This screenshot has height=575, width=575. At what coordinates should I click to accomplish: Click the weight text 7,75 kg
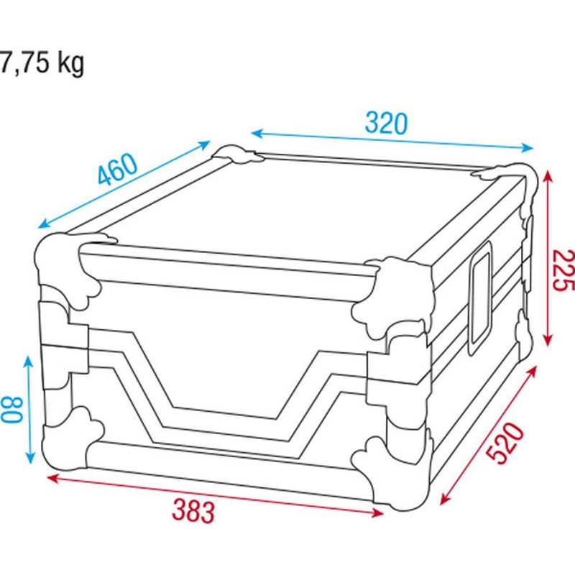[42, 63]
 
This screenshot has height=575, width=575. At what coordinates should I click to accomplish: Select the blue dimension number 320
[386, 123]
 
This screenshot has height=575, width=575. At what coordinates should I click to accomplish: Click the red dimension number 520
[505, 443]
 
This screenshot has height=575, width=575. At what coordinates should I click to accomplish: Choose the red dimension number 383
[193, 511]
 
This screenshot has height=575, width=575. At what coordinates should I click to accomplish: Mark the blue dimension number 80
[14, 410]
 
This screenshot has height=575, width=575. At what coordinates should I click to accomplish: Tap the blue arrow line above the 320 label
[392, 141]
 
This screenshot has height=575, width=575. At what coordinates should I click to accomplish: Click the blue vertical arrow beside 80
[29, 409]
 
